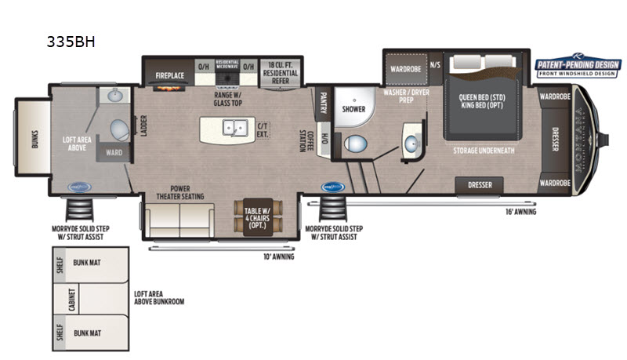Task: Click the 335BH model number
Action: (73, 42)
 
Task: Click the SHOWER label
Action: (354, 110)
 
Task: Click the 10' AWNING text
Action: (277, 256)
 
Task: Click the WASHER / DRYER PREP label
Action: (406, 96)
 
